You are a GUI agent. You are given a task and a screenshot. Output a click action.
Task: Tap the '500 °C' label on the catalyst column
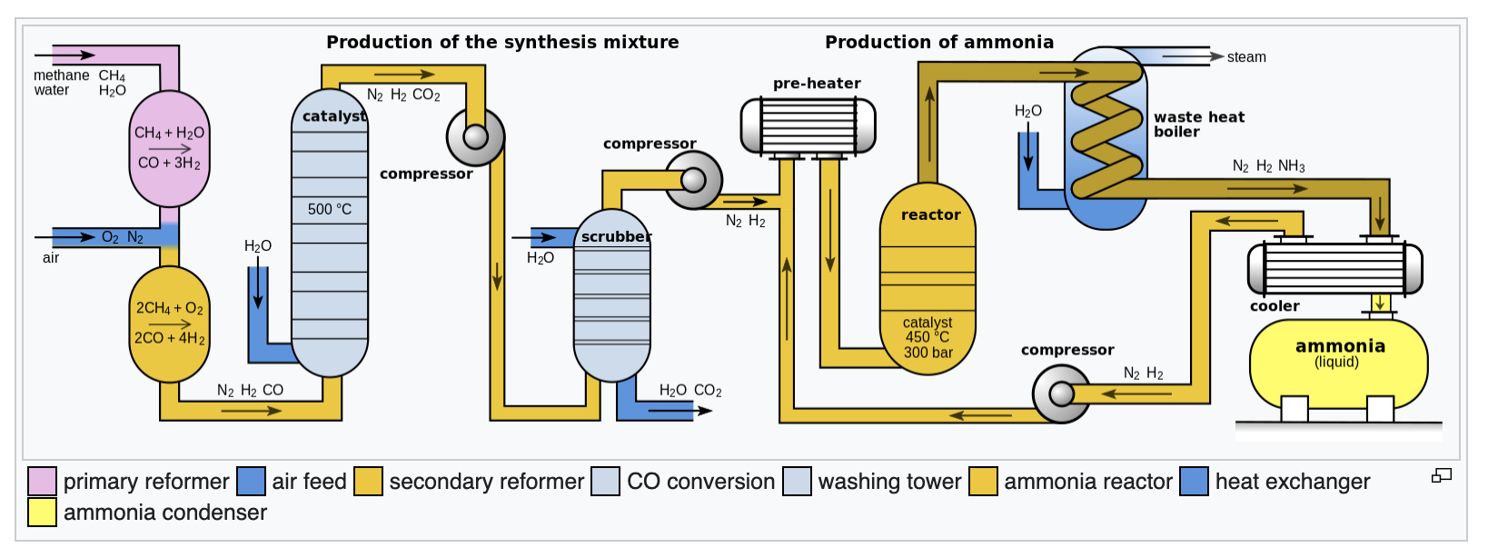click(x=329, y=209)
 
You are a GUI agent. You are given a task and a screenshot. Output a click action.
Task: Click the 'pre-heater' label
click(x=817, y=84)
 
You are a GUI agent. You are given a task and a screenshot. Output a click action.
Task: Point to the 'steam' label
click(x=1245, y=57)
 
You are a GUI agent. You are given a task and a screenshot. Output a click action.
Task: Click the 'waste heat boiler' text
click(x=1198, y=125)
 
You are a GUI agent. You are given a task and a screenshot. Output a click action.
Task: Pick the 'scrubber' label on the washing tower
click(x=616, y=237)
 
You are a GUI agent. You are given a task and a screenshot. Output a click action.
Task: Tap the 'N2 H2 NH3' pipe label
click(x=1268, y=166)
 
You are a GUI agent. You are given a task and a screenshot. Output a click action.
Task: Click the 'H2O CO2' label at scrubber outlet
click(x=690, y=391)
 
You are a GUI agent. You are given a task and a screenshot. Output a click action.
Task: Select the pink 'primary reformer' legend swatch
click(x=42, y=482)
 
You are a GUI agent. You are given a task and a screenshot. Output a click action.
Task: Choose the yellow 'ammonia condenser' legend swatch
click(x=42, y=513)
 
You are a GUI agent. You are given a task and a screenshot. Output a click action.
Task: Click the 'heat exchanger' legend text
click(x=1292, y=482)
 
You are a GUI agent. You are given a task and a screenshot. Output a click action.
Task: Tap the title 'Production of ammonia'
click(x=938, y=42)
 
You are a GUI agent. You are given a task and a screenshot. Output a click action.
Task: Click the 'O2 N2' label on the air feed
click(x=123, y=237)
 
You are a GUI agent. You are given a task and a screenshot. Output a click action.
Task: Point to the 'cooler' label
click(x=1275, y=306)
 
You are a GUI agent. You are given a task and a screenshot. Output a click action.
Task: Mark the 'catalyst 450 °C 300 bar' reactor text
click(x=928, y=337)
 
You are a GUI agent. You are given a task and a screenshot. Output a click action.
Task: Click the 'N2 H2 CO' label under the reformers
click(x=250, y=391)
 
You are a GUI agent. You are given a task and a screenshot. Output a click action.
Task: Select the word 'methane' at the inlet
click(x=61, y=75)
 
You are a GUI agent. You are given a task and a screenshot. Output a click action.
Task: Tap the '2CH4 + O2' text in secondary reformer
click(x=170, y=308)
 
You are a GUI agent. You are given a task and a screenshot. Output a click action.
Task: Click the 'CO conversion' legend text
click(x=700, y=482)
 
